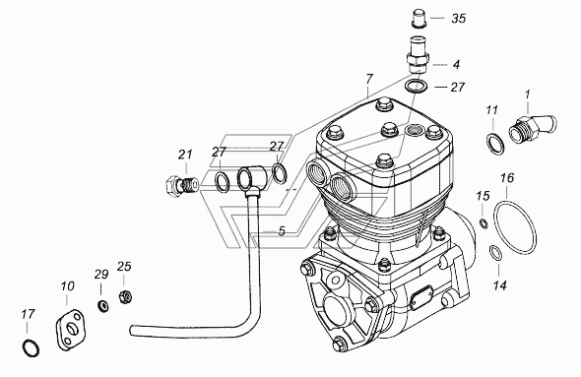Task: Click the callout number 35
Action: [458, 18]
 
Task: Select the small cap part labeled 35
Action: [420, 19]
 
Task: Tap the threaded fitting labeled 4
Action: [418, 54]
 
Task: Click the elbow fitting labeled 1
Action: [533, 129]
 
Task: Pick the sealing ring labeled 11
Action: [495, 144]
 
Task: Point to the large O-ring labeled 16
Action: [515, 227]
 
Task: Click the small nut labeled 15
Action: [484, 223]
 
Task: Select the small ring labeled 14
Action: [495, 253]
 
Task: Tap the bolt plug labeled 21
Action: [178, 184]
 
